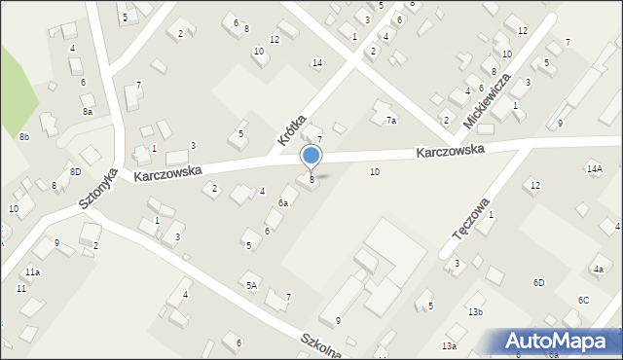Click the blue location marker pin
click(311, 157)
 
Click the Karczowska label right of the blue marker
click(450, 153)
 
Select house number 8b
click(24, 137)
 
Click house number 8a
click(87, 112)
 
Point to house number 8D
click(75, 172)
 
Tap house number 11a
click(33, 272)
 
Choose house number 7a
click(390, 121)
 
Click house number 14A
click(594, 168)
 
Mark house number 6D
click(538, 282)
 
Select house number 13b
click(475, 311)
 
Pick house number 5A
click(251, 285)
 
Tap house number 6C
click(583, 300)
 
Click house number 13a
click(449, 346)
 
